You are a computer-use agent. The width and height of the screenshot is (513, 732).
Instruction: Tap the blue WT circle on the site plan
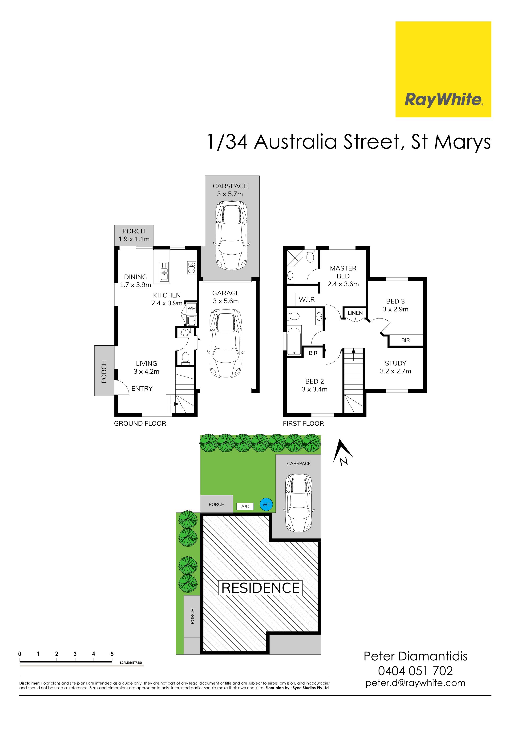tap(266, 504)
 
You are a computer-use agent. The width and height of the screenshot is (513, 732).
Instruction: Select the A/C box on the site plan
tap(245, 506)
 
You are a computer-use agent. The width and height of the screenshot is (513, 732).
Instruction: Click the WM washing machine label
tap(191, 308)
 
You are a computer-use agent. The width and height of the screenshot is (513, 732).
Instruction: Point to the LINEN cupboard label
tap(355, 313)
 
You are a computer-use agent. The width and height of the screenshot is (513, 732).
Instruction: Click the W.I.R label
tap(307, 299)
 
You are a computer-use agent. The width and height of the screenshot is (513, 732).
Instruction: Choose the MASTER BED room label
tap(343, 272)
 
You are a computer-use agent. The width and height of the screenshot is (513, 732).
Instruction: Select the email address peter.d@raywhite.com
tap(415, 683)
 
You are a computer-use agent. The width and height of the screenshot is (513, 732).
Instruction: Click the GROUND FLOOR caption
tap(140, 423)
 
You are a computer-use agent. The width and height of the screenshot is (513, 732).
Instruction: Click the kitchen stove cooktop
tap(192, 267)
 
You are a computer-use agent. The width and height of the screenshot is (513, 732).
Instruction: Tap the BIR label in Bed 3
tap(405, 340)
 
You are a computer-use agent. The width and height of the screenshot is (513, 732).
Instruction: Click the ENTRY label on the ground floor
tap(142, 388)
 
